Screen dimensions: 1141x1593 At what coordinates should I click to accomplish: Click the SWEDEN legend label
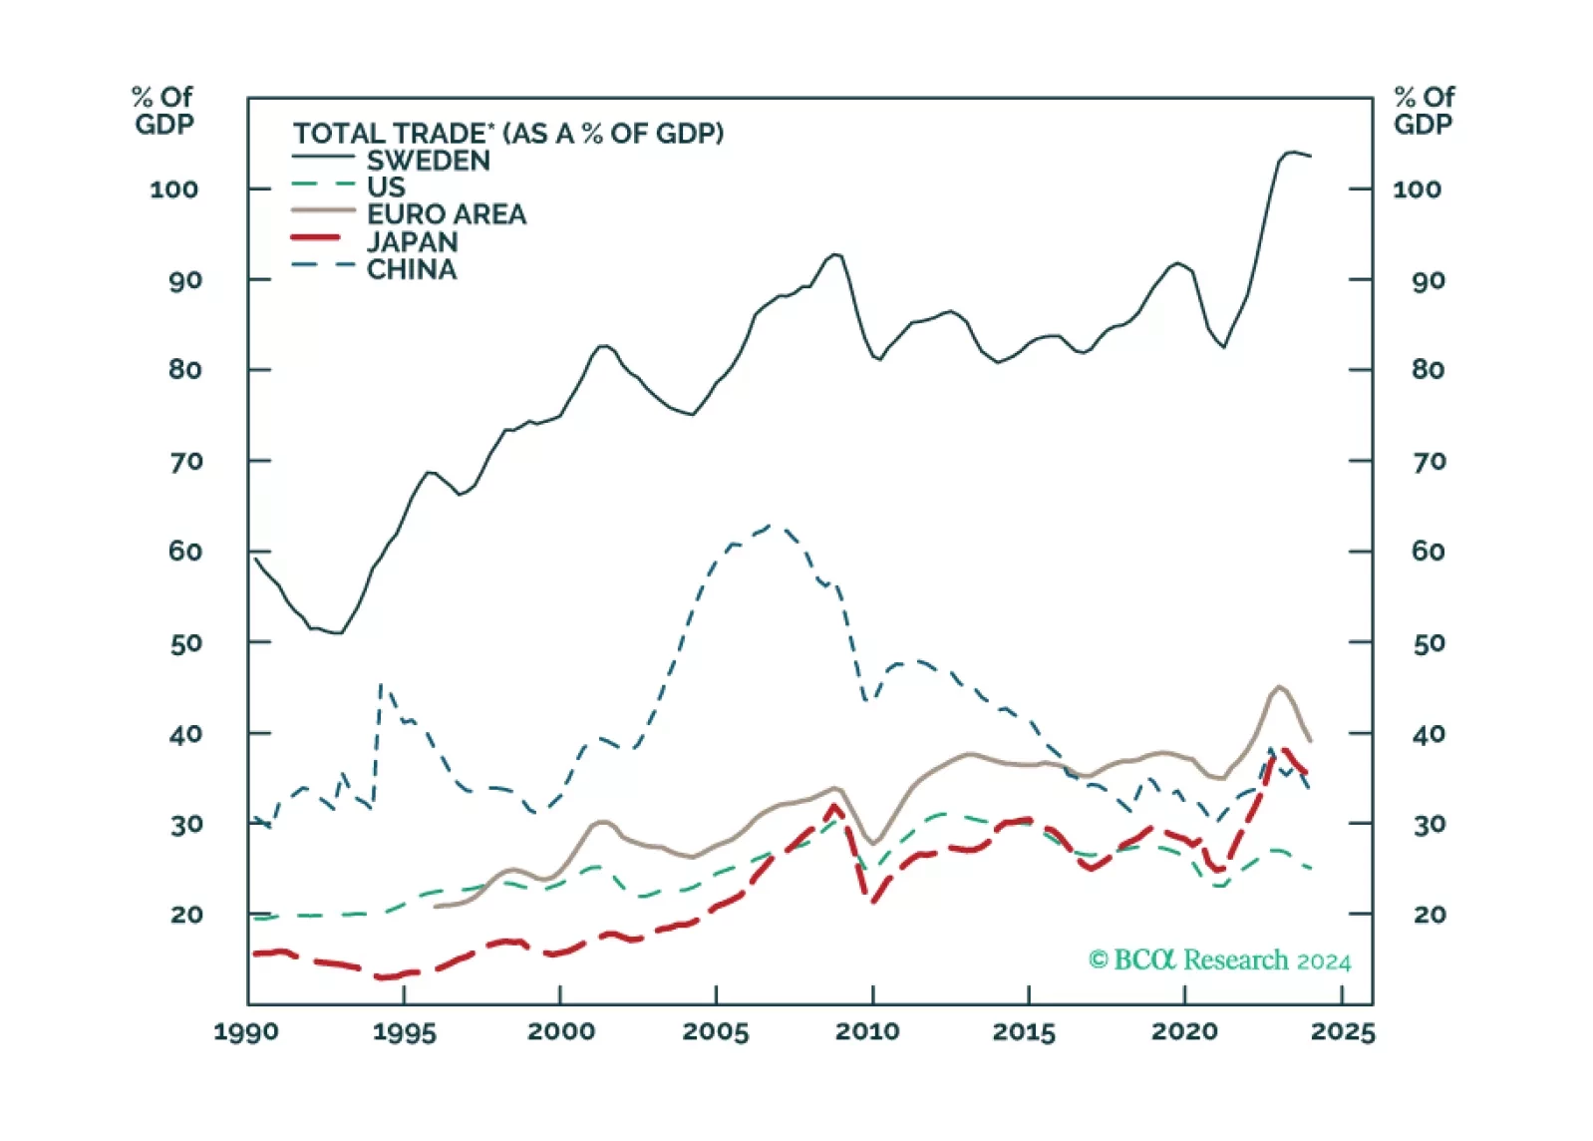(x=428, y=161)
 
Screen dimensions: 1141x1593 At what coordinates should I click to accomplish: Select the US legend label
(x=386, y=188)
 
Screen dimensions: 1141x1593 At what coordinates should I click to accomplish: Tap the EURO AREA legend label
(x=446, y=214)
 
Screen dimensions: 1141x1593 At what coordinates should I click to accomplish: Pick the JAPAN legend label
(x=412, y=242)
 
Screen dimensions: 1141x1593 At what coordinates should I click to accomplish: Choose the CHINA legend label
(x=411, y=269)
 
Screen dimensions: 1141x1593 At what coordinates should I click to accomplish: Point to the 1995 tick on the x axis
(x=404, y=1031)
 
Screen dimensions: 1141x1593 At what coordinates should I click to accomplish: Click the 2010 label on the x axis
(x=867, y=1031)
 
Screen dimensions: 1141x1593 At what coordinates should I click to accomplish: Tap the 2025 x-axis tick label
(x=1342, y=1031)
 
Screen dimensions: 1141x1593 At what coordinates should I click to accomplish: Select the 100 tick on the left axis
(x=174, y=190)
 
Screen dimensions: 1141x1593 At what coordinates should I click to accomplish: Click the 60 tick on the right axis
(x=1428, y=552)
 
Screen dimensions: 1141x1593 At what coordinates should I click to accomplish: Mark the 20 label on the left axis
(x=185, y=915)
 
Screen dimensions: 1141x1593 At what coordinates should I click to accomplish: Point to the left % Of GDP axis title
(x=163, y=111)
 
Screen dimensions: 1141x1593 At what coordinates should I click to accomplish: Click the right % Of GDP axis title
(x=1424, y=111)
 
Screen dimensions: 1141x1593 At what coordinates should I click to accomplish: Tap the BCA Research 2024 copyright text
(x=1219, y=960)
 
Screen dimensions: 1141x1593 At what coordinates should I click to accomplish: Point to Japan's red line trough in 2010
(x=874, y=902)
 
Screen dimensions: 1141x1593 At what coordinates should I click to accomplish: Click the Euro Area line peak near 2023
(x=1279, y=686)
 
